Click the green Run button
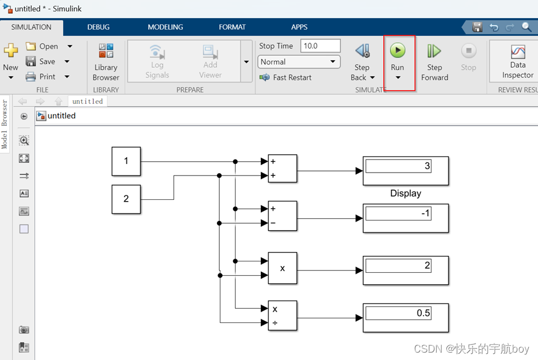coord(397,51)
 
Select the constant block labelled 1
coord(126,161)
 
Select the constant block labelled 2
coord(126,199)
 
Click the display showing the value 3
coord(405,170)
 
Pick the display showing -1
coord(405,218)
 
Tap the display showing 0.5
coord(405,318)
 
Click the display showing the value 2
coord(405,270)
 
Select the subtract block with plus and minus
coord(282,216)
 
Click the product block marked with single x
coord(282,268)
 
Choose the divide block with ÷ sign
coord(282,316)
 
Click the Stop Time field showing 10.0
coord(321,46)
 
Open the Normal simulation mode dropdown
coord(299,62)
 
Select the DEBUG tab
coord(98,27)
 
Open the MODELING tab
coord(165,27)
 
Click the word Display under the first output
coord(405,193)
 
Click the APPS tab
coord(299,27)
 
